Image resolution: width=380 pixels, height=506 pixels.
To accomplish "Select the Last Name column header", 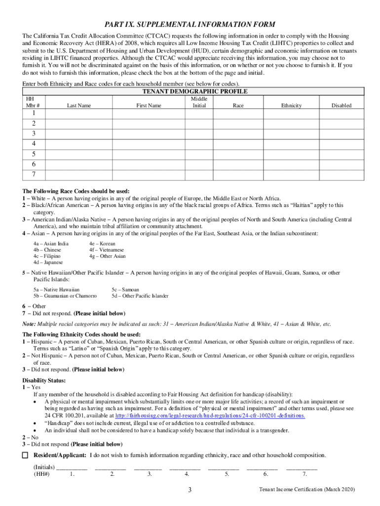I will [79, 105].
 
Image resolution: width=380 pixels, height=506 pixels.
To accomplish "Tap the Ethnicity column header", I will [291, 105].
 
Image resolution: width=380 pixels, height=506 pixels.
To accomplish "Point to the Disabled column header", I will [341, 105].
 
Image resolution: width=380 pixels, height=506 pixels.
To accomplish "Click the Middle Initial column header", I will [199, 102].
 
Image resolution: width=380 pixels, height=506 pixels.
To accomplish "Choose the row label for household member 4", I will [34, 143].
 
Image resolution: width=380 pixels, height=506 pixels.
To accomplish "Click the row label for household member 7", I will [34, 174].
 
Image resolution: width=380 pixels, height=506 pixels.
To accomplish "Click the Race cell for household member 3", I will [238, 133].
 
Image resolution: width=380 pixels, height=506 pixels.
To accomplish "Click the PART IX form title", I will [190, 25].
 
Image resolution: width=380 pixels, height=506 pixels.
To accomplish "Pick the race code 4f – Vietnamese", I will [107, 250].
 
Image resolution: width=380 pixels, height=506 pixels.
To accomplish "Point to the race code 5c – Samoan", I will [125, 289].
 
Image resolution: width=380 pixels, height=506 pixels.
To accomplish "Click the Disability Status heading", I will [44, 380].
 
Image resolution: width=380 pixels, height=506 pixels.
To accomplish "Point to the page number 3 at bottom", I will [190, 490].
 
